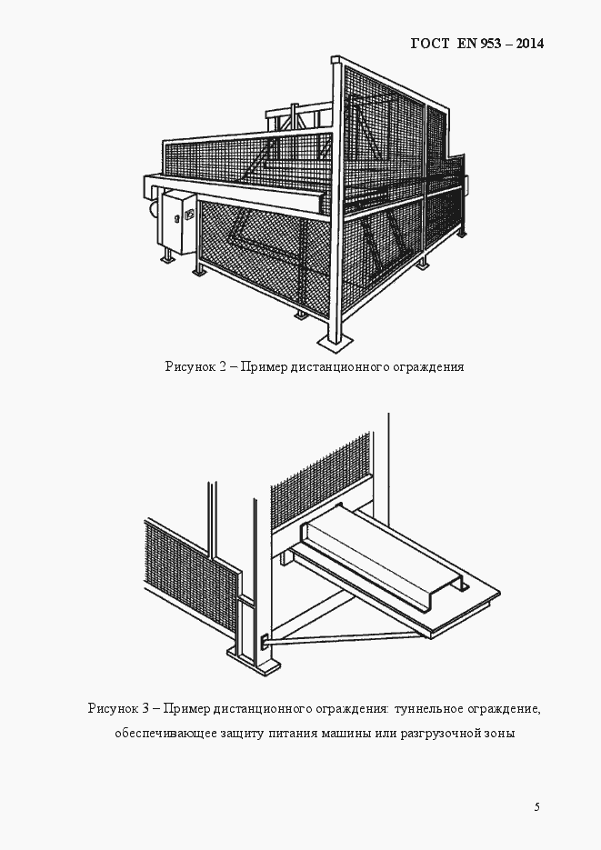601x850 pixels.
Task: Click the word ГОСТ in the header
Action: pyautogui.click(x=429, y=43)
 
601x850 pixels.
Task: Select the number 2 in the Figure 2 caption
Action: pyautogui.click(x=223, y=367)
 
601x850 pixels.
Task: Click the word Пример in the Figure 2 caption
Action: pyautogui.click(x=264, y=367)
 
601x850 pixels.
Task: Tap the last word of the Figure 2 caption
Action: pyautogui.click(x=428, y=367)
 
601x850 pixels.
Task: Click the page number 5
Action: pyautogui.click(x=536, y=806)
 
